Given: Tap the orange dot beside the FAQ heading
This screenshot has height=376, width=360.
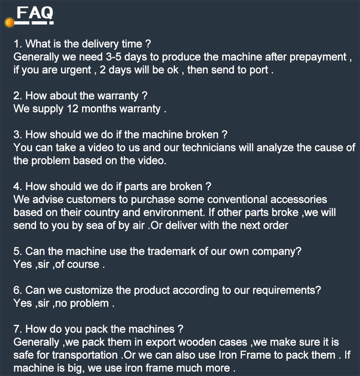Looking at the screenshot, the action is pyautogui.click(x=10, y=23).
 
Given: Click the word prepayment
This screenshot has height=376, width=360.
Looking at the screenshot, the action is pyautogui.click(x=318, y=57).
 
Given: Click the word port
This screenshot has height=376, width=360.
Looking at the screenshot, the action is pyautogui.click(x=259, y=70).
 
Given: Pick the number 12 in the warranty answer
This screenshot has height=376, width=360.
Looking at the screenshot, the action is pyautogui.click(x=73, y=109).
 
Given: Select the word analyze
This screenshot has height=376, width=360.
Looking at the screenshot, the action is pyautogui.click(x=275, y=148).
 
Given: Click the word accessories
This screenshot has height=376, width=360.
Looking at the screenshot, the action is pyautogui.click(x=299, y=199).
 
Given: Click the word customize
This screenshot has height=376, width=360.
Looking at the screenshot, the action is pyautogui.click(x=89, y=290).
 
